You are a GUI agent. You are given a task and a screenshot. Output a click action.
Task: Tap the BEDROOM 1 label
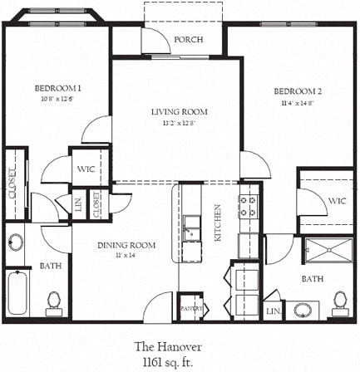(x=57, y=87)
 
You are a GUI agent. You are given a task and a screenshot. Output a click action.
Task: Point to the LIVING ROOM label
(x=179, y=112)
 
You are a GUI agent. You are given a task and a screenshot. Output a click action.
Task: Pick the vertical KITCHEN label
(x=219, y=223)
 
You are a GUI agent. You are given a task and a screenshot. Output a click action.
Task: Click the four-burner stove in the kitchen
(x=249, y=206)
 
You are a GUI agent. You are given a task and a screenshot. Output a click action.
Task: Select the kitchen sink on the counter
(x=192, y=227)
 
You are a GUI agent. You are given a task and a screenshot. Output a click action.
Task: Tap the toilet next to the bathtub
(x=54, y=301)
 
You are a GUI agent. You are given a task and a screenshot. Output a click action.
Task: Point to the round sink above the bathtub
(x=16, y=244)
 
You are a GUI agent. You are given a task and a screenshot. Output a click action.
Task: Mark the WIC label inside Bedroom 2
(x=337, y=201)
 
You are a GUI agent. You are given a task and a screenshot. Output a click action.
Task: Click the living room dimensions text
(x=179, y=124)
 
